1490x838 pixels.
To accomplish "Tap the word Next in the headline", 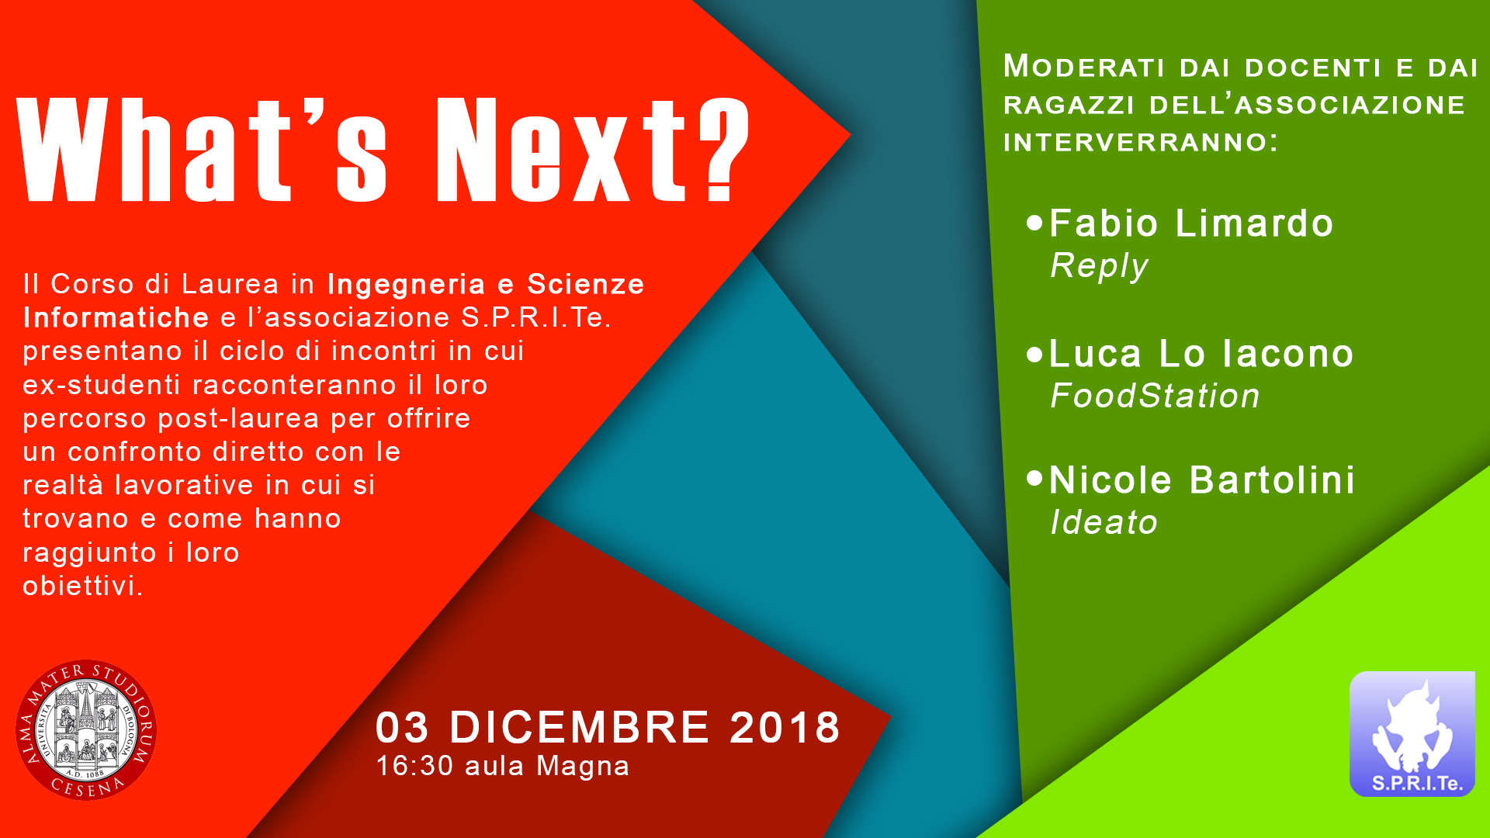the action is click(561, 149).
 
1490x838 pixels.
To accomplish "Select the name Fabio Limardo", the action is click(1191, 223).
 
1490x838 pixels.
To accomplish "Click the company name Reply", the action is click(1099, 266).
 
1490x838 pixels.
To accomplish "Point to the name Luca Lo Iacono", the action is click(1201, 354).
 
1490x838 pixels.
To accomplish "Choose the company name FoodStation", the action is click(1155, 396).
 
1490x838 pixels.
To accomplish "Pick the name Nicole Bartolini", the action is click(1202, 480).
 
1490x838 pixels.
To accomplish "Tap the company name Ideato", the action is click(1104, 522).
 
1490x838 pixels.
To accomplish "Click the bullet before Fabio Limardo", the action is click(1034, 223).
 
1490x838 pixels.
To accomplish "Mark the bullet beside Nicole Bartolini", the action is click(1034, 478).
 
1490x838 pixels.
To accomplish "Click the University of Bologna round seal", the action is click(86, 730).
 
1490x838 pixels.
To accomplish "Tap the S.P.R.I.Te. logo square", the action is click(1412, 734).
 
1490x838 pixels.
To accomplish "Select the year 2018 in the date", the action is click(785, 728).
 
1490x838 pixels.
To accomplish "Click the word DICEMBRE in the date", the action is click(580, 728).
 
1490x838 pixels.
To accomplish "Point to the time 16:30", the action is click(414, 766).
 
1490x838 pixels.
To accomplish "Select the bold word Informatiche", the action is click(116, 317).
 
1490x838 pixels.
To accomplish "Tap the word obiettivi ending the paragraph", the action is click(83, 586).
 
